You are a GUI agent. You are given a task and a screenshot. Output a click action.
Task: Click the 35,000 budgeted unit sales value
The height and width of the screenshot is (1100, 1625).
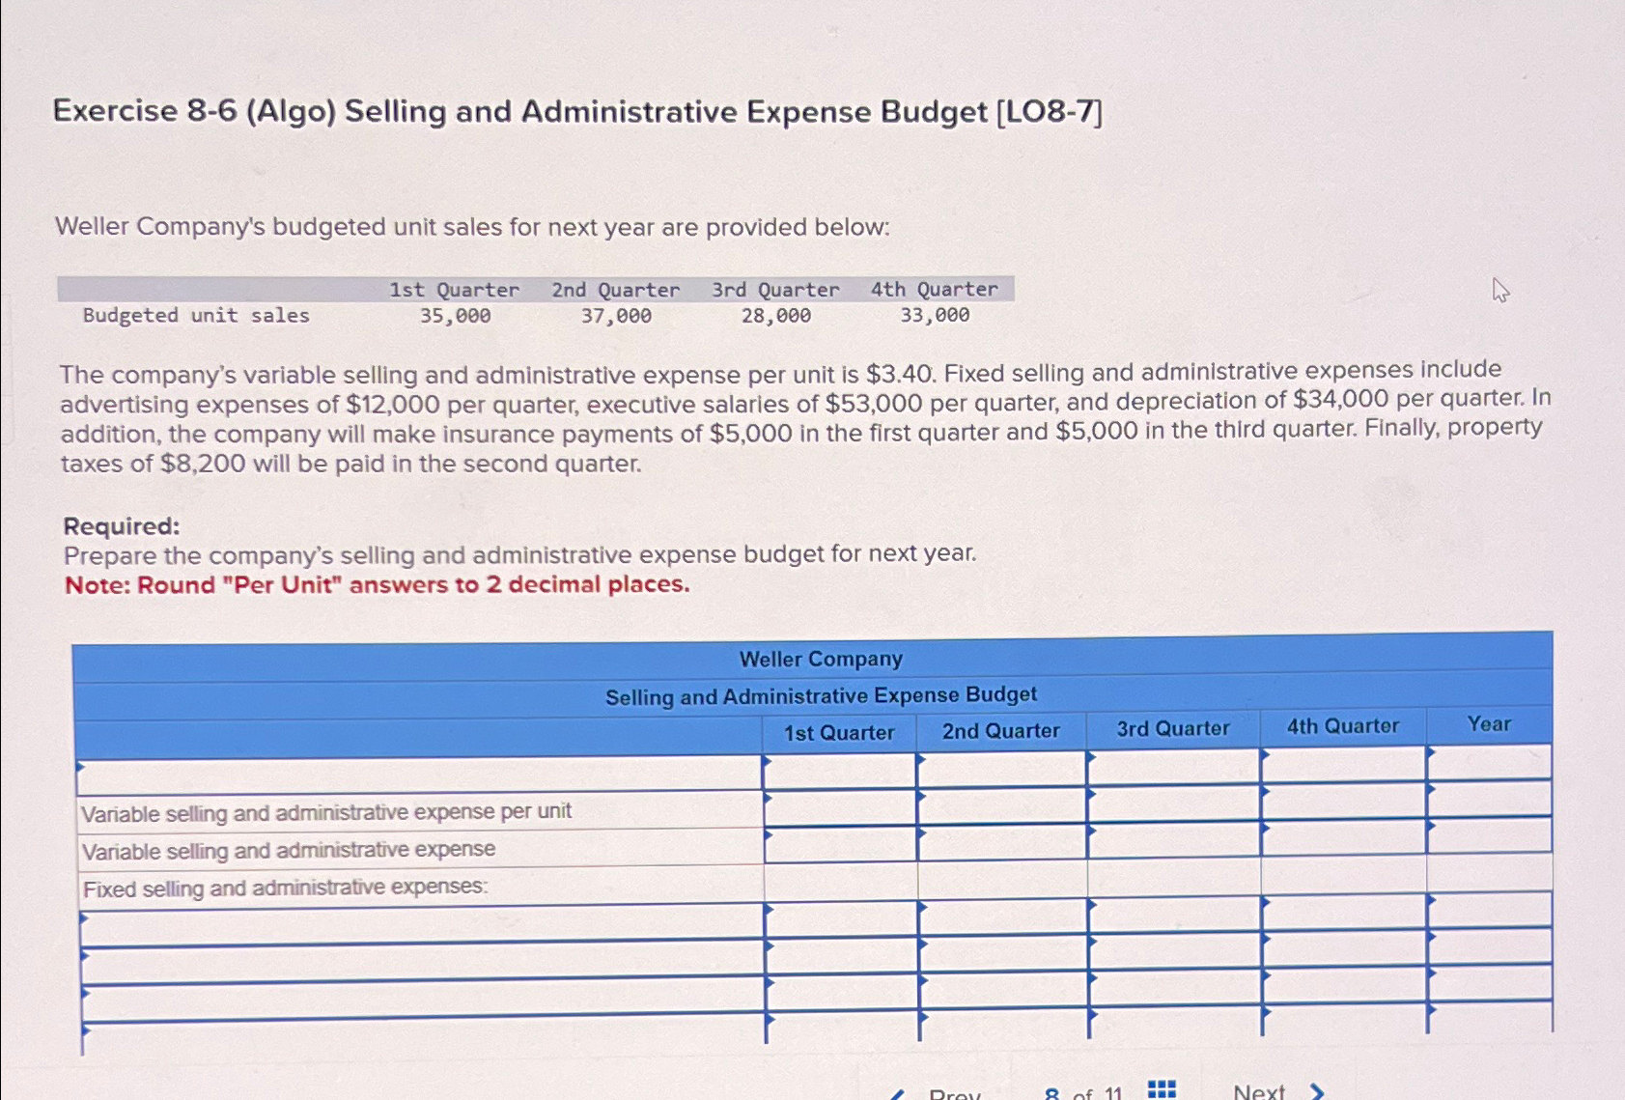pyautogui.click(x=455, y=316)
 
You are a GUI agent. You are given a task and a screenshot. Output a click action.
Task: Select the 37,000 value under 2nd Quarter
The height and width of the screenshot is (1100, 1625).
pyautogui.click(x=616, y=316)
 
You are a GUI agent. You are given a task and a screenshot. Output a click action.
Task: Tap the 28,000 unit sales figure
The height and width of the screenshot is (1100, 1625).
pyautogui.click(x=776, y=316)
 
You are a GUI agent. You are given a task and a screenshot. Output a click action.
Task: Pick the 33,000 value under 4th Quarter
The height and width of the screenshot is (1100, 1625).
pyautogui.click(x=935, y=315)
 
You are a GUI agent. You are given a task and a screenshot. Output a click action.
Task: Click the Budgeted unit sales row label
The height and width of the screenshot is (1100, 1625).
pyautogui.click(x=196, y=316)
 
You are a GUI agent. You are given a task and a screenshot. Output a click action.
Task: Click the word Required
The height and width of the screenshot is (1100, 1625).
pyautogui.click(x=122, y=526)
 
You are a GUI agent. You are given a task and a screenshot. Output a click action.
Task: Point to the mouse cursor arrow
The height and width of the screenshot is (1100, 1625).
pyautogui.click(x=1499, y=289)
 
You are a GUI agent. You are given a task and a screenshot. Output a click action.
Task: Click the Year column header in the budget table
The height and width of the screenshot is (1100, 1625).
pyautogui.click(x=1489, y=724)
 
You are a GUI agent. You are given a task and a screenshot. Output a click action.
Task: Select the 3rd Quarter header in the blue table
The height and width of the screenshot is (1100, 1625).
pyautogui.click(x=1173, y=728)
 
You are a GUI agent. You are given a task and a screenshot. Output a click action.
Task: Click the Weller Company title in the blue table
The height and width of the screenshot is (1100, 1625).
pyautogui.click(x=821, y=660)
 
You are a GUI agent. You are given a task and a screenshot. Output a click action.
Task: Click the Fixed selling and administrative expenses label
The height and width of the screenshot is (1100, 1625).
pyautogui.click(x=286, y=888)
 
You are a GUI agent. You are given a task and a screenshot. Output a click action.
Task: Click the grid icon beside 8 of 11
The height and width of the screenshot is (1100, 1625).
pyautogui.click(x=1162, y=1090)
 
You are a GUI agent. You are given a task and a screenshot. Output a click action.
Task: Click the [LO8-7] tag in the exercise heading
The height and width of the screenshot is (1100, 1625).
pyautogui.click(x=1049, y=112)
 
